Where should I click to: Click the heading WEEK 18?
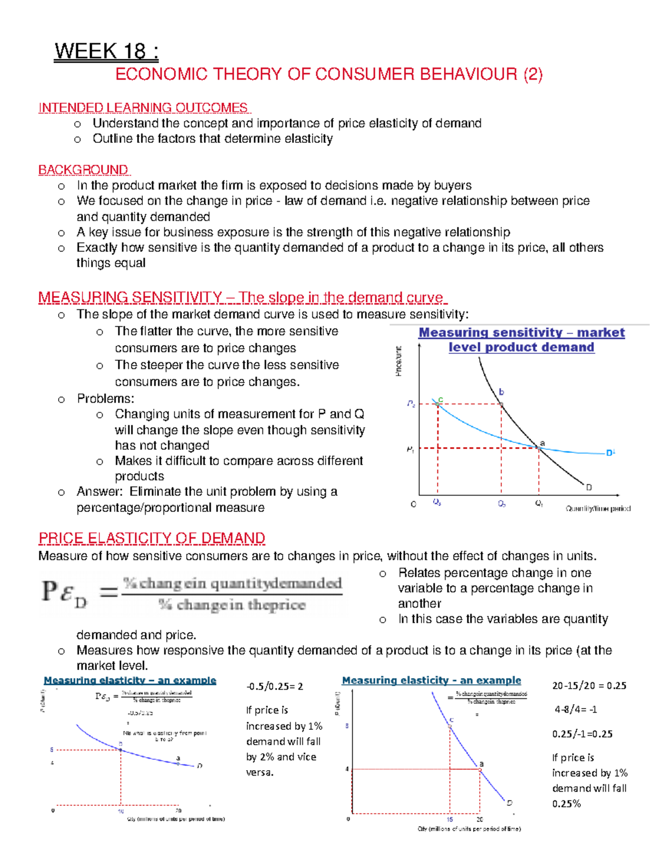(x=106, y=52)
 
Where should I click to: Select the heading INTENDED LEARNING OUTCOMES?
(x=143, y=108)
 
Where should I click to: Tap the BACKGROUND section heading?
(x=83, y=170)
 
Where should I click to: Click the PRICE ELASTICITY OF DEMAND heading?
(x=152, y=538)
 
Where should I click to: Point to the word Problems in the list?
(x=105, y=398)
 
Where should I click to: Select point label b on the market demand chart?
(x=501, y=392)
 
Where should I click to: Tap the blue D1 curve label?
(x=611, y=453)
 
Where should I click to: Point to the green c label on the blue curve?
(x=441, y=399)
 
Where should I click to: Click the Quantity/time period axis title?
(x=598, y=509)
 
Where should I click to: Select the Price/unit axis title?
(x=399, y=361)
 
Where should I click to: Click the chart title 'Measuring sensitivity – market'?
(x=521, y=333)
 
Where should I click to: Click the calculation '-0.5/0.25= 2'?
(x=274, y=686)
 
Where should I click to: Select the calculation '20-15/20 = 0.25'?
(x=589, y=686)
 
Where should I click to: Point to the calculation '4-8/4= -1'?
(x=575, y=709)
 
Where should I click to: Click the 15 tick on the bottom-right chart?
(x=450, y=819)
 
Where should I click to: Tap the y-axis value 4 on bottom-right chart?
(x=347, y=769)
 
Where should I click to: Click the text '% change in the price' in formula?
(x=233, y=605)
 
